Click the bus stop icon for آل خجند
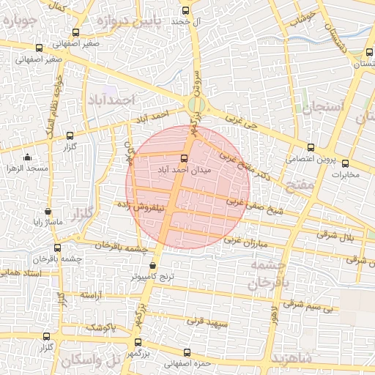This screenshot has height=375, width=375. pos(185,11)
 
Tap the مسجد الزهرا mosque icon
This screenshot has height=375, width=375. pos(28,157)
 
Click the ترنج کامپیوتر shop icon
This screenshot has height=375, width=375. pos(152,266)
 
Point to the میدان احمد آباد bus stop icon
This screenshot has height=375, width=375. pos(184,157)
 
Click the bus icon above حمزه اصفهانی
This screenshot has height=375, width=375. pos(187,352)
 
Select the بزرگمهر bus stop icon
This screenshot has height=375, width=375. pos(139,343)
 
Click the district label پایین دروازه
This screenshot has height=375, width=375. pos(131,21)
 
